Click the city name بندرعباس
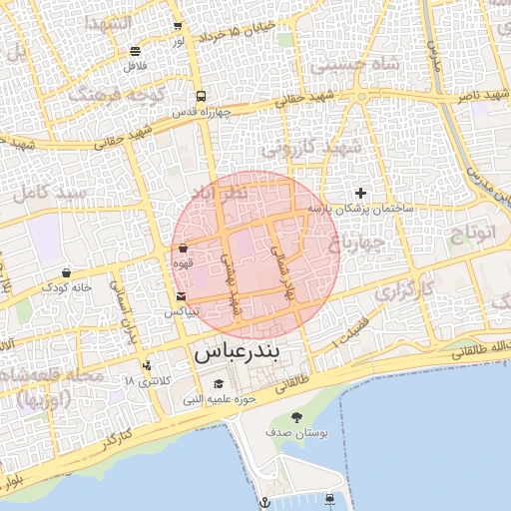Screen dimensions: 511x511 click(x=239, y=352)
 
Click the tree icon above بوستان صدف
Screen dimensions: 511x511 click(x=296, y=417)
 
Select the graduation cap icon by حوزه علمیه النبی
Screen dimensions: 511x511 click(x=219, y=385)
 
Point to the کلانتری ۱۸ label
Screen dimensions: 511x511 click(x=150, y=382)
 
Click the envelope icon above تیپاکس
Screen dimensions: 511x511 click(x=180, y=296)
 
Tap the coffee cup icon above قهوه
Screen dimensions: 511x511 click(x=184, y=248)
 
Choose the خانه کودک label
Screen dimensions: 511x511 click(x=66, y=286)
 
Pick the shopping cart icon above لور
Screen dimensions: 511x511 click(x=178, y=27)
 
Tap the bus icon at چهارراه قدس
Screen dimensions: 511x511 click(x=202, y=97)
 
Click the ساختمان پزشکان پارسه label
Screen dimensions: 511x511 click(x=359, y=209)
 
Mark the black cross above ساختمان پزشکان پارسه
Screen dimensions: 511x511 click(x=360, y=193)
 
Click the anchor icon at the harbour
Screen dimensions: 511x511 click(x=265, y=501)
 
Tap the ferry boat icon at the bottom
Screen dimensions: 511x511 click(x=330, y=499)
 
